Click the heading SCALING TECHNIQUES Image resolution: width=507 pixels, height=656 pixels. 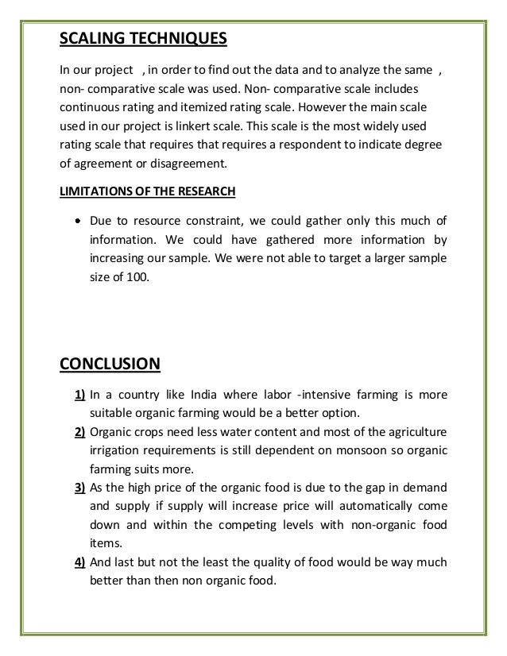point(144,38)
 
